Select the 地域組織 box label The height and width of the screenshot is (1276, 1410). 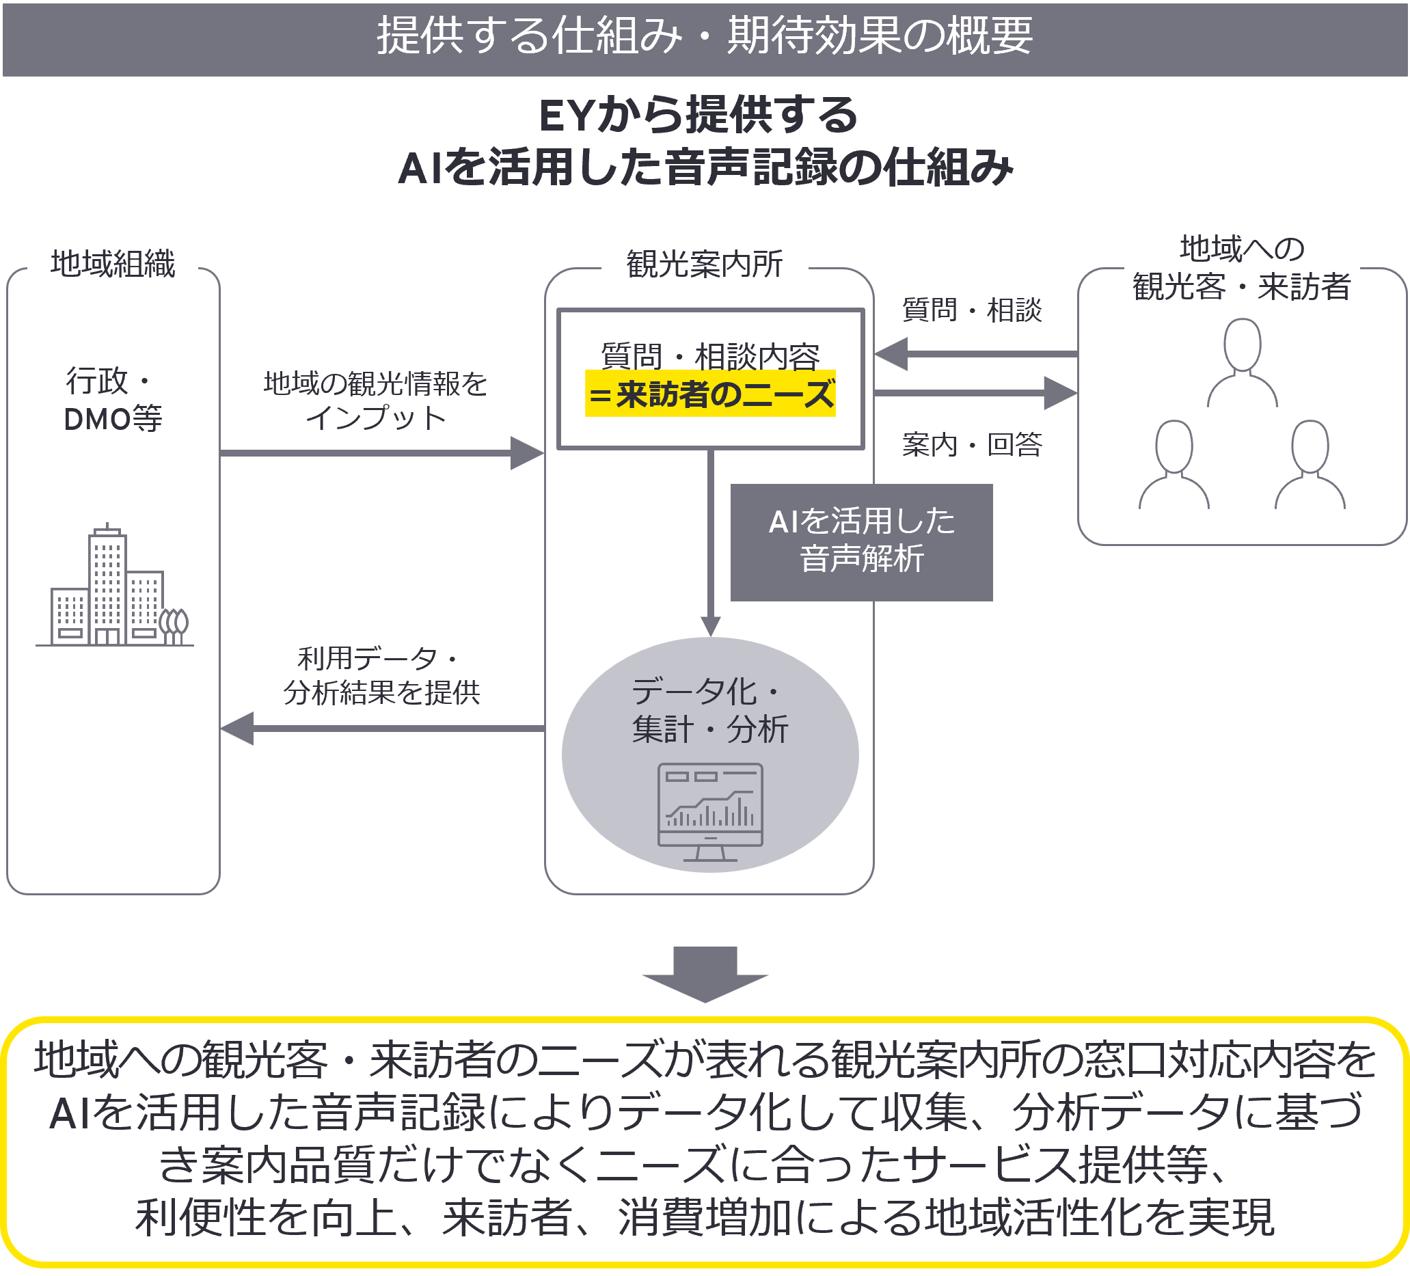[113, 265]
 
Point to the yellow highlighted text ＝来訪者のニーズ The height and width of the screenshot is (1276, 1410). [710, 394]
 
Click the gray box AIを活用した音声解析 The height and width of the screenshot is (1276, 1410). [861, 541]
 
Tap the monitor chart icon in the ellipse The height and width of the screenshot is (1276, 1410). [710, 811]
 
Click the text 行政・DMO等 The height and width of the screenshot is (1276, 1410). [112, 400]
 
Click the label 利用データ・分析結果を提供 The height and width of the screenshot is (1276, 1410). [381, 676]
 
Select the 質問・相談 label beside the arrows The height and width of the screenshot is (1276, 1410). [971, 310]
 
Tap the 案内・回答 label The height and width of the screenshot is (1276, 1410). [971, 444]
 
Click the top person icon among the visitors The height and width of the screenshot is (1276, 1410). [1242, 362]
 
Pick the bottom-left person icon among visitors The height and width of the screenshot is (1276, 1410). [1174, 465]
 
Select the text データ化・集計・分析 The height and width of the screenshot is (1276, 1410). [710, 711]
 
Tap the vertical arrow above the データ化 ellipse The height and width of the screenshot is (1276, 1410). [711, 539]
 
